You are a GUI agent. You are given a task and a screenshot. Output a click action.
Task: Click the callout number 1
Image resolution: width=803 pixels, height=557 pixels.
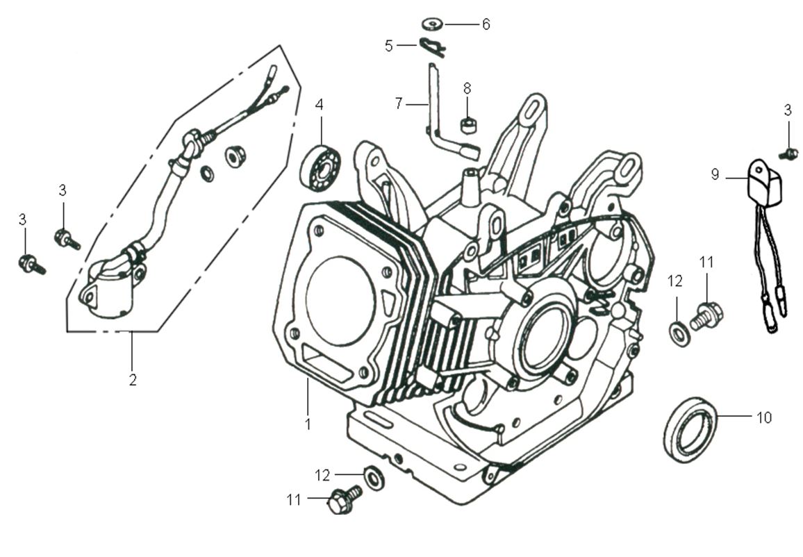[308, 422]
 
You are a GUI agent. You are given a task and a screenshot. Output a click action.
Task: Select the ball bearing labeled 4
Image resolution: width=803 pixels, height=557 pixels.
[320, 166]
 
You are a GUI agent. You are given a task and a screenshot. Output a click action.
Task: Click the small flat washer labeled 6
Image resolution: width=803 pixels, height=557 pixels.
[433, 24]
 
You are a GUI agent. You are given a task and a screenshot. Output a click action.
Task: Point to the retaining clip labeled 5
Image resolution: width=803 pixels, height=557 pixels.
[432, 48]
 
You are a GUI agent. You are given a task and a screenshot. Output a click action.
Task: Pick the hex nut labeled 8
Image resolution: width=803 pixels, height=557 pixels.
[467, 126]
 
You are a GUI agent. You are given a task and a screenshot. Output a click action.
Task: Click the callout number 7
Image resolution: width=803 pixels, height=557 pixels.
[398, 103]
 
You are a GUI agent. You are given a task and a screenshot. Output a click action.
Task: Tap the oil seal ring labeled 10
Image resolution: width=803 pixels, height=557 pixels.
[690, 428]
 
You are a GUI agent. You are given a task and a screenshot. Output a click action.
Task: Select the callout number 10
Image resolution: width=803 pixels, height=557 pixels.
[763, 417]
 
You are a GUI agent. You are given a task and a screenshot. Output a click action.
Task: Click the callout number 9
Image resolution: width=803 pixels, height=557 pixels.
[715, 175]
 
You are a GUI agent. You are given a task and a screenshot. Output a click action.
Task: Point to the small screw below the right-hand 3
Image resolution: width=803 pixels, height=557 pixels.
[790, 153]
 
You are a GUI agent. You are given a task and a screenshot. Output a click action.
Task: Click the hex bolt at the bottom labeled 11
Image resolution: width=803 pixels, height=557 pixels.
[343, 499]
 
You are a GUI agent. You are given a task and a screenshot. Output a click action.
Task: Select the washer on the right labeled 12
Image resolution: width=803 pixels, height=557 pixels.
[677, 333]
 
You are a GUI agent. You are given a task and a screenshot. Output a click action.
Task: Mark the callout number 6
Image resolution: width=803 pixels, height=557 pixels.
[486, 24]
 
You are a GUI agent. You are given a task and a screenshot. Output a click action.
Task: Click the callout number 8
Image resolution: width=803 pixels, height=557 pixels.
[467, 88]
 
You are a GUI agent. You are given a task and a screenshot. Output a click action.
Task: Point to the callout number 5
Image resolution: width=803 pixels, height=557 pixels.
[389, 46]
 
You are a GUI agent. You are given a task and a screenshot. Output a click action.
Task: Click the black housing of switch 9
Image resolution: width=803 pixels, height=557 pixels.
[762, 178]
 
